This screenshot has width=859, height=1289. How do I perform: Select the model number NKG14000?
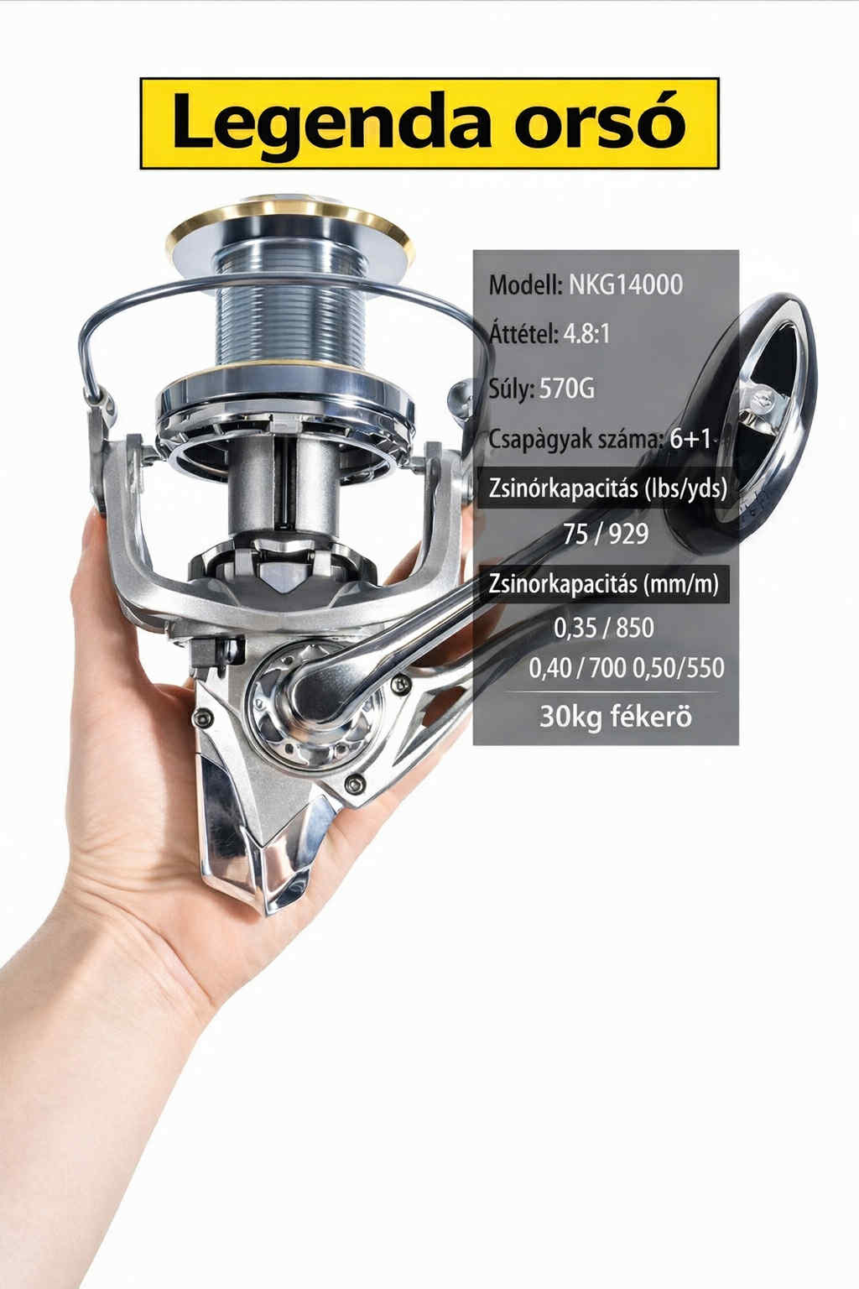(626, 284)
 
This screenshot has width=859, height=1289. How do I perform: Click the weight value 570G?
(567, 389)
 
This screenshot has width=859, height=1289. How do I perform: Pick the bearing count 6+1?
(690, 440)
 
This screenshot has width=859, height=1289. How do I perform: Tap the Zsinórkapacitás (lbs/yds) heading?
(607, 488)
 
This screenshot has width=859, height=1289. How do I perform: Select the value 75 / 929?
(606, 535)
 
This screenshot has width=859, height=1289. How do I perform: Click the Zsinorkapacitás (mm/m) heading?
(603, 584)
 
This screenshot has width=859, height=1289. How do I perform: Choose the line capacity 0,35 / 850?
(603, 628)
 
